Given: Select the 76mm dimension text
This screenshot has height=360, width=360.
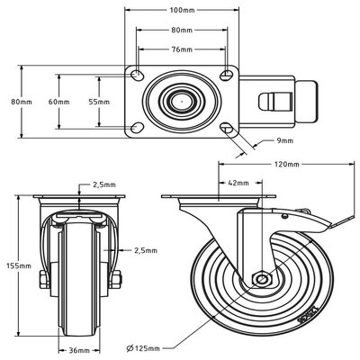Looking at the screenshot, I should pyautogui.click(x=183, y=50).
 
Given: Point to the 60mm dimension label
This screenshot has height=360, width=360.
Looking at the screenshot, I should pyautogui.click(x=59, y=102).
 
